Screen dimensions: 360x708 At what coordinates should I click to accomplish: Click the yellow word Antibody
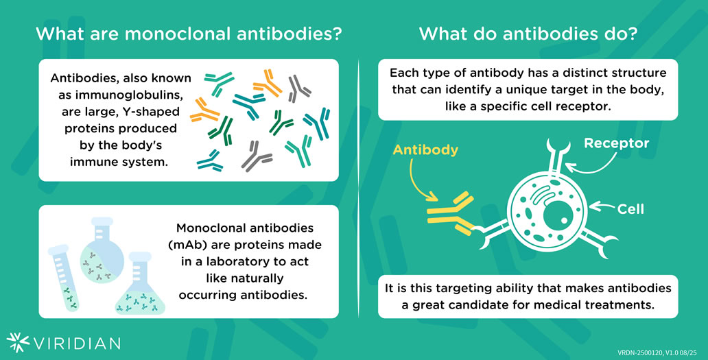click(425, 150)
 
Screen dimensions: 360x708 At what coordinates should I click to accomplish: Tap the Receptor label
click(616, 143)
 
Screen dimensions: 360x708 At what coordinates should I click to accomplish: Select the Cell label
click(630, 208)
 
